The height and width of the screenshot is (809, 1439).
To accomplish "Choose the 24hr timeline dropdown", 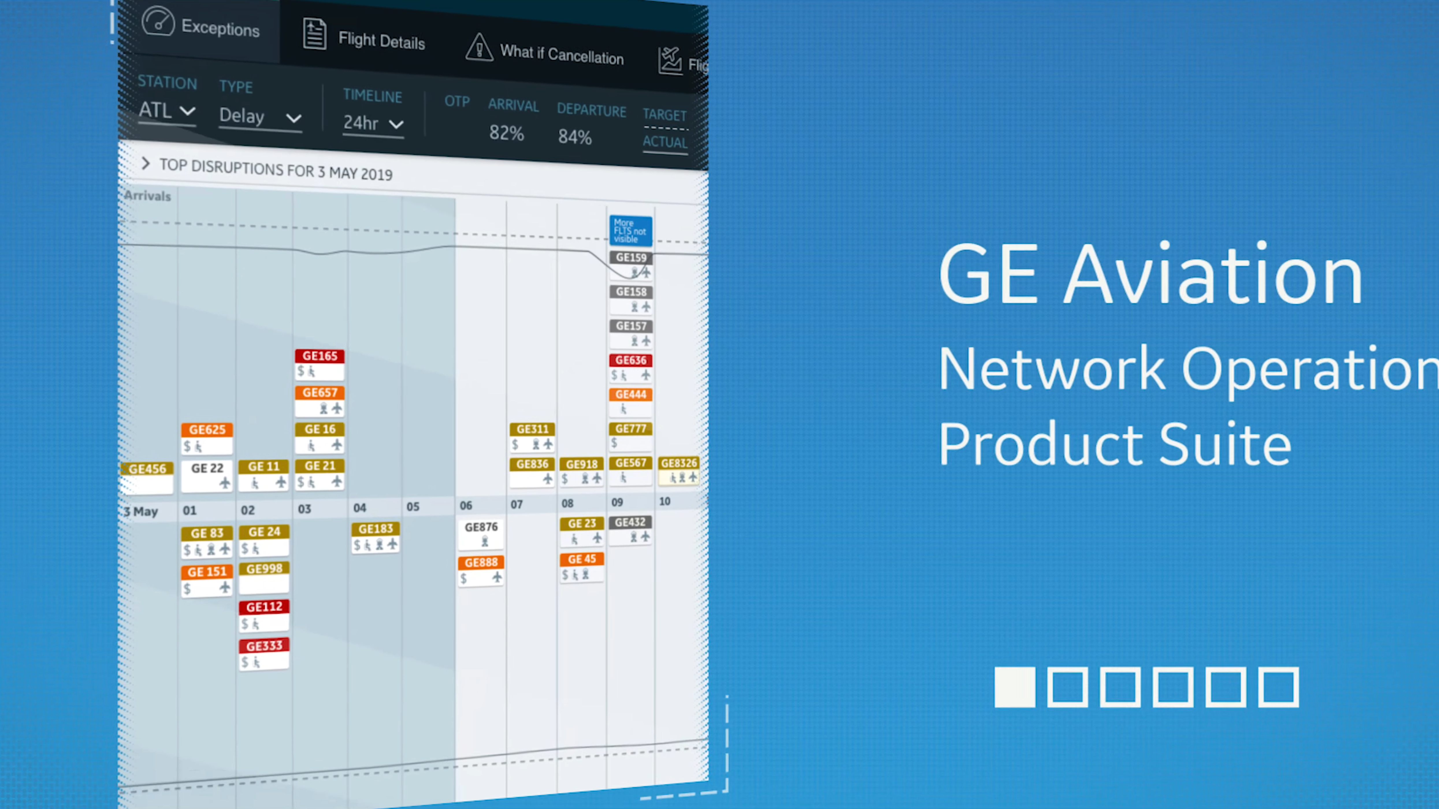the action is click(373, 123).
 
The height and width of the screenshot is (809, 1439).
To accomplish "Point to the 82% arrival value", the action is click(506, 133).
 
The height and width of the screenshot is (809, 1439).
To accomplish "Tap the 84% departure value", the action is click(574, 137).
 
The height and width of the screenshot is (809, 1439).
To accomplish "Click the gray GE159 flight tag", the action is click(631, 257).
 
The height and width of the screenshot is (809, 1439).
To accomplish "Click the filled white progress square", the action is click(1014, 687).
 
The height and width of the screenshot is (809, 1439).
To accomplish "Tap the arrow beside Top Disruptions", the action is click(145, 164).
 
